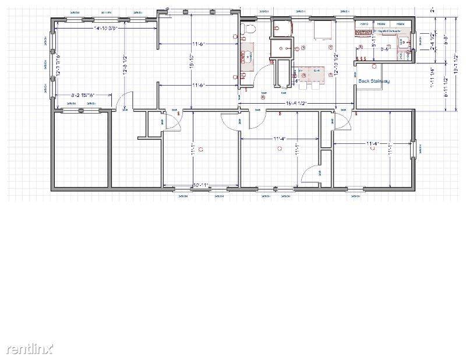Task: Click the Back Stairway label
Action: click(x=373, y=81)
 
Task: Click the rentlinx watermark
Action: click(x=30, y=349)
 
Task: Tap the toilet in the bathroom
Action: click(x=248, y=30)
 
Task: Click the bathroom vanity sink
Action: click(x=246, y=57)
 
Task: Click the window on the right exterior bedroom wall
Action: click(x=414, y=150)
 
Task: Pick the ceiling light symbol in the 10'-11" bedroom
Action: click(x=200, y=149)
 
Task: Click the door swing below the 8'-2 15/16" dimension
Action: click(x=123, y=104)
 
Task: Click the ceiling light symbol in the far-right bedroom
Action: click(x=389, y=149)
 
